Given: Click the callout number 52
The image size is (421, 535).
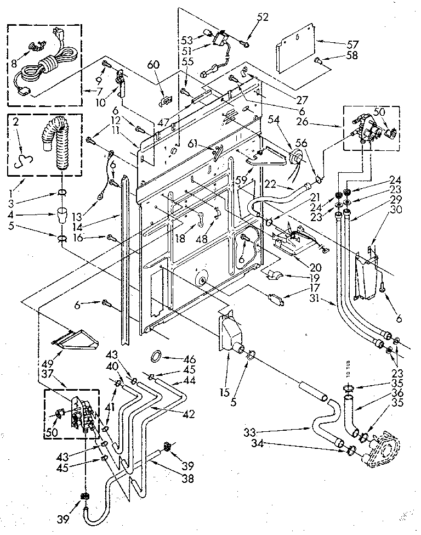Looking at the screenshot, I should pyautogui.click(x=263, y=18).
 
